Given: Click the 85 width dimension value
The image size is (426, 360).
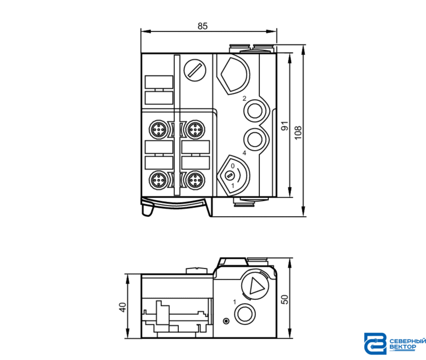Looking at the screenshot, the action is click(x=203, y=26).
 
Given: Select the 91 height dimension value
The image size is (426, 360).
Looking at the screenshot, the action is click(x=284, y=126).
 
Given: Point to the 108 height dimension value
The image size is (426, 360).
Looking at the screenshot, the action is click(x=298, y=133).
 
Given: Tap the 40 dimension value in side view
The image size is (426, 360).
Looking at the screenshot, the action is click(x=122, y=307).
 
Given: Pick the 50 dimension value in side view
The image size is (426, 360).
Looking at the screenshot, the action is click(x=284, y=299).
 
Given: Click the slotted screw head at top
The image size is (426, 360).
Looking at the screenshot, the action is click(x=195, y=70).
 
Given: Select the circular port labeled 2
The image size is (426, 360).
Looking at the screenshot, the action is click(x=255, y=111).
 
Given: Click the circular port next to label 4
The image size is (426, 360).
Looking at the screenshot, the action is click(x=255, y=139).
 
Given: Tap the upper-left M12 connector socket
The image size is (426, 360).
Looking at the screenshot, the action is click(x=158, y=129).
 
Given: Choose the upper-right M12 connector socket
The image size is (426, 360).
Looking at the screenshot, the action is click(x=195, y=129).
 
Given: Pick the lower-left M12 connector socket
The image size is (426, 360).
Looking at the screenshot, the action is click(x=158, y=179).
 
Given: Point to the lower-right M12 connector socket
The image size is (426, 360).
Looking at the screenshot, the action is click(x=195, y=179).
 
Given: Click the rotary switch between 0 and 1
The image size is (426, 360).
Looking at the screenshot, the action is click(x=230, y=176).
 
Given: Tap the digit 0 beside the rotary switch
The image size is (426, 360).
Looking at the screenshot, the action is click(x=233, y=166).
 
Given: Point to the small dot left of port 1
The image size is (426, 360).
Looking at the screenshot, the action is click(x=226, y=321).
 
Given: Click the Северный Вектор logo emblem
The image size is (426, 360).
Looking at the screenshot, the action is click(x=375, y=343).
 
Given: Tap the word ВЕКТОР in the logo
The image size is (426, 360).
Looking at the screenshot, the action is click(x=403, y=347).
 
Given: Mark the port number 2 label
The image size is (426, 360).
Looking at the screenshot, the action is click(x=244, y=98).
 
